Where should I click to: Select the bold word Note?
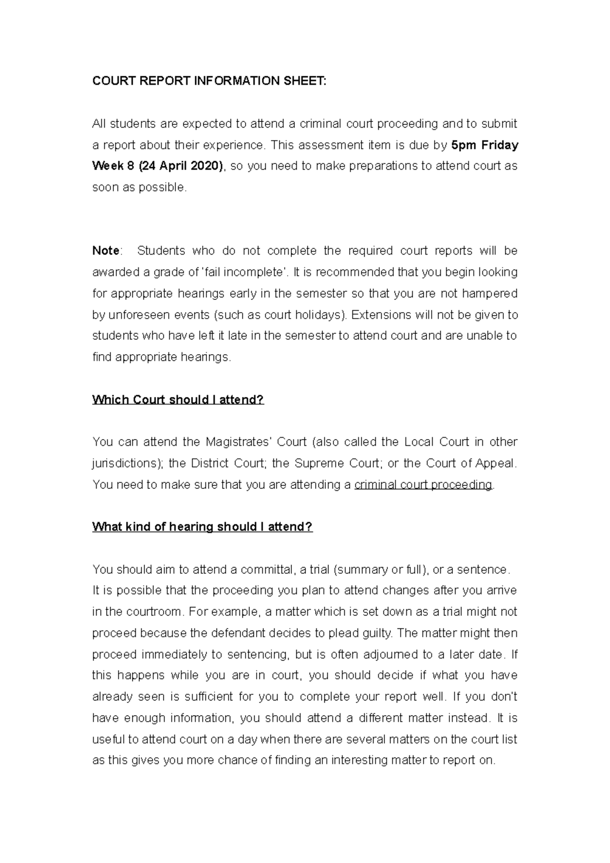(x=106, y=251)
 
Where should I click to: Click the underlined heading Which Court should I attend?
(x=178, y=399)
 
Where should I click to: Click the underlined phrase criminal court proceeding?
(x=423, y=484)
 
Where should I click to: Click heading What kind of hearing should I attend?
(x=202, y=527)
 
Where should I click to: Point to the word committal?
(x=266, y=569)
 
